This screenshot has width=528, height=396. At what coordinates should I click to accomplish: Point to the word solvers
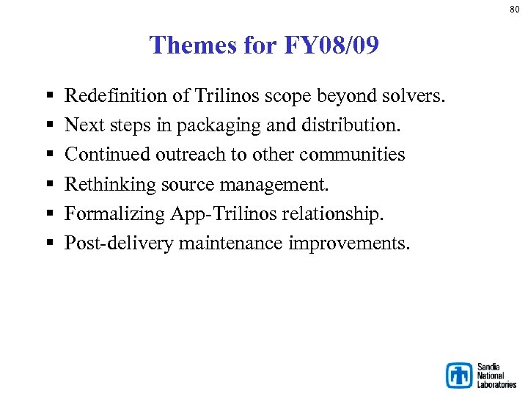419,96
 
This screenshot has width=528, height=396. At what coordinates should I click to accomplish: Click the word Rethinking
101,184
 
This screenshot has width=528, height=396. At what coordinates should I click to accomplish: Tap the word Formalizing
105,213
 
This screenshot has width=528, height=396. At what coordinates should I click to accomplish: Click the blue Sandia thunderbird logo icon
460,375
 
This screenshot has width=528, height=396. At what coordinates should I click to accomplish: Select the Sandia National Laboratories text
496,375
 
